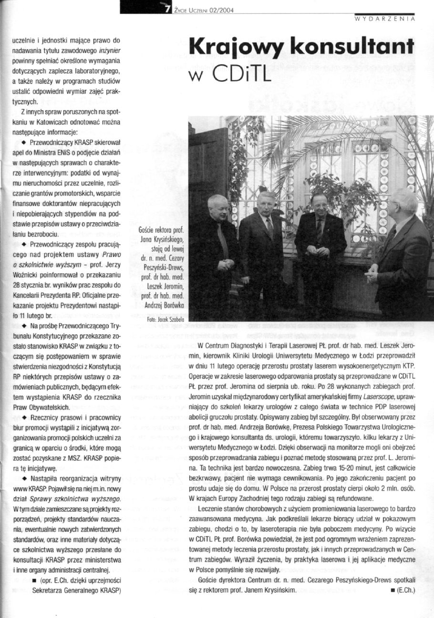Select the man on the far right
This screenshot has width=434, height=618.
[x=400, y=253]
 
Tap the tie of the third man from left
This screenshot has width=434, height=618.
[x=318, y=232]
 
